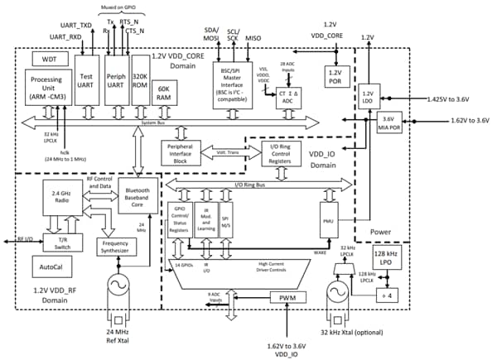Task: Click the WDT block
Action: (44, 59)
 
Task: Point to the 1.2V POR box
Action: (336, 75)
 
